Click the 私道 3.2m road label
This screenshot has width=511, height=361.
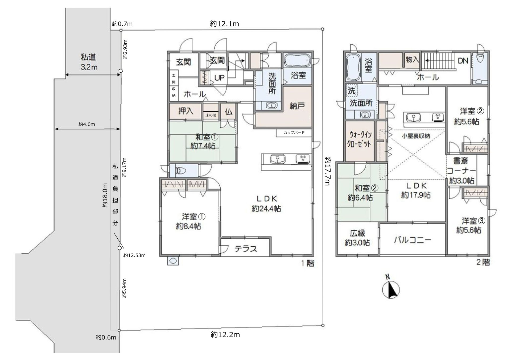(x=89, y=62)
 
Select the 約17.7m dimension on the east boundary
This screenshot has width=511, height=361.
(x=328, y=171)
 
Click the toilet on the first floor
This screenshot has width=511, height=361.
(x=181, y=170)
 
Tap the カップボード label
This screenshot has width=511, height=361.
(x=294, y=132)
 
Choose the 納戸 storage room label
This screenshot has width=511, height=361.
(x=297, y=106)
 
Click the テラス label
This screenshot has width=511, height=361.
(x=246, y=249)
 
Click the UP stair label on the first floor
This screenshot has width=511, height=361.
(x=220, y=78)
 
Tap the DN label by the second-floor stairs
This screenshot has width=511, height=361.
(x=463, y=61)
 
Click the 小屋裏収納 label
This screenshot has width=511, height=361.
(x=416, y=136)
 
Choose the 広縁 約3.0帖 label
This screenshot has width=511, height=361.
(x=357, y=238)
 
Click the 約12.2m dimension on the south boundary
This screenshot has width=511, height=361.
(x=225, y=334)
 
